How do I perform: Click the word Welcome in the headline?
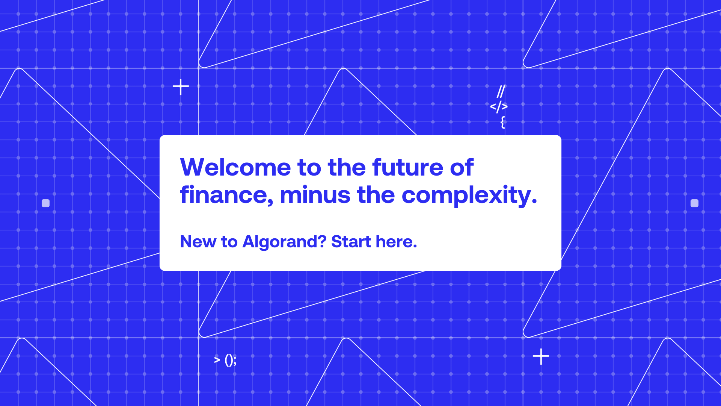235,167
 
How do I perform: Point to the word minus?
315,195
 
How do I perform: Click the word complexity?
466,196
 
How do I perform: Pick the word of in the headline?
462,167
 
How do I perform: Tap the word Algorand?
280,242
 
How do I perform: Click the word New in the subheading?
198,241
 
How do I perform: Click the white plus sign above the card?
181,87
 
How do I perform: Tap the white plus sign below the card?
541,356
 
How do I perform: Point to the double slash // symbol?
501,91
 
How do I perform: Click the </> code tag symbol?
499,107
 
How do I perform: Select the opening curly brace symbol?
502,122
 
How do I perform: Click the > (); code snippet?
225,360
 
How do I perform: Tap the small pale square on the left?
46,203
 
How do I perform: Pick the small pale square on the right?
694,203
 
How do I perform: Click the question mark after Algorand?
322,241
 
